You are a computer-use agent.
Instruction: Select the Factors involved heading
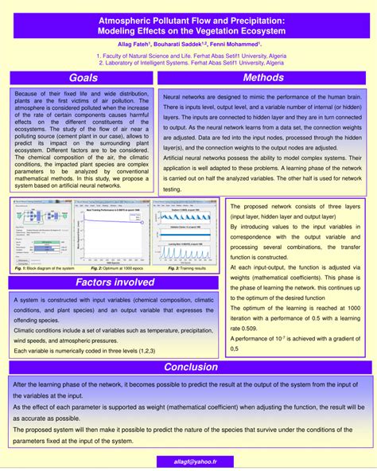click(x=115, y=282)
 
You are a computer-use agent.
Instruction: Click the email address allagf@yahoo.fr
click(x=189, y=461)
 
